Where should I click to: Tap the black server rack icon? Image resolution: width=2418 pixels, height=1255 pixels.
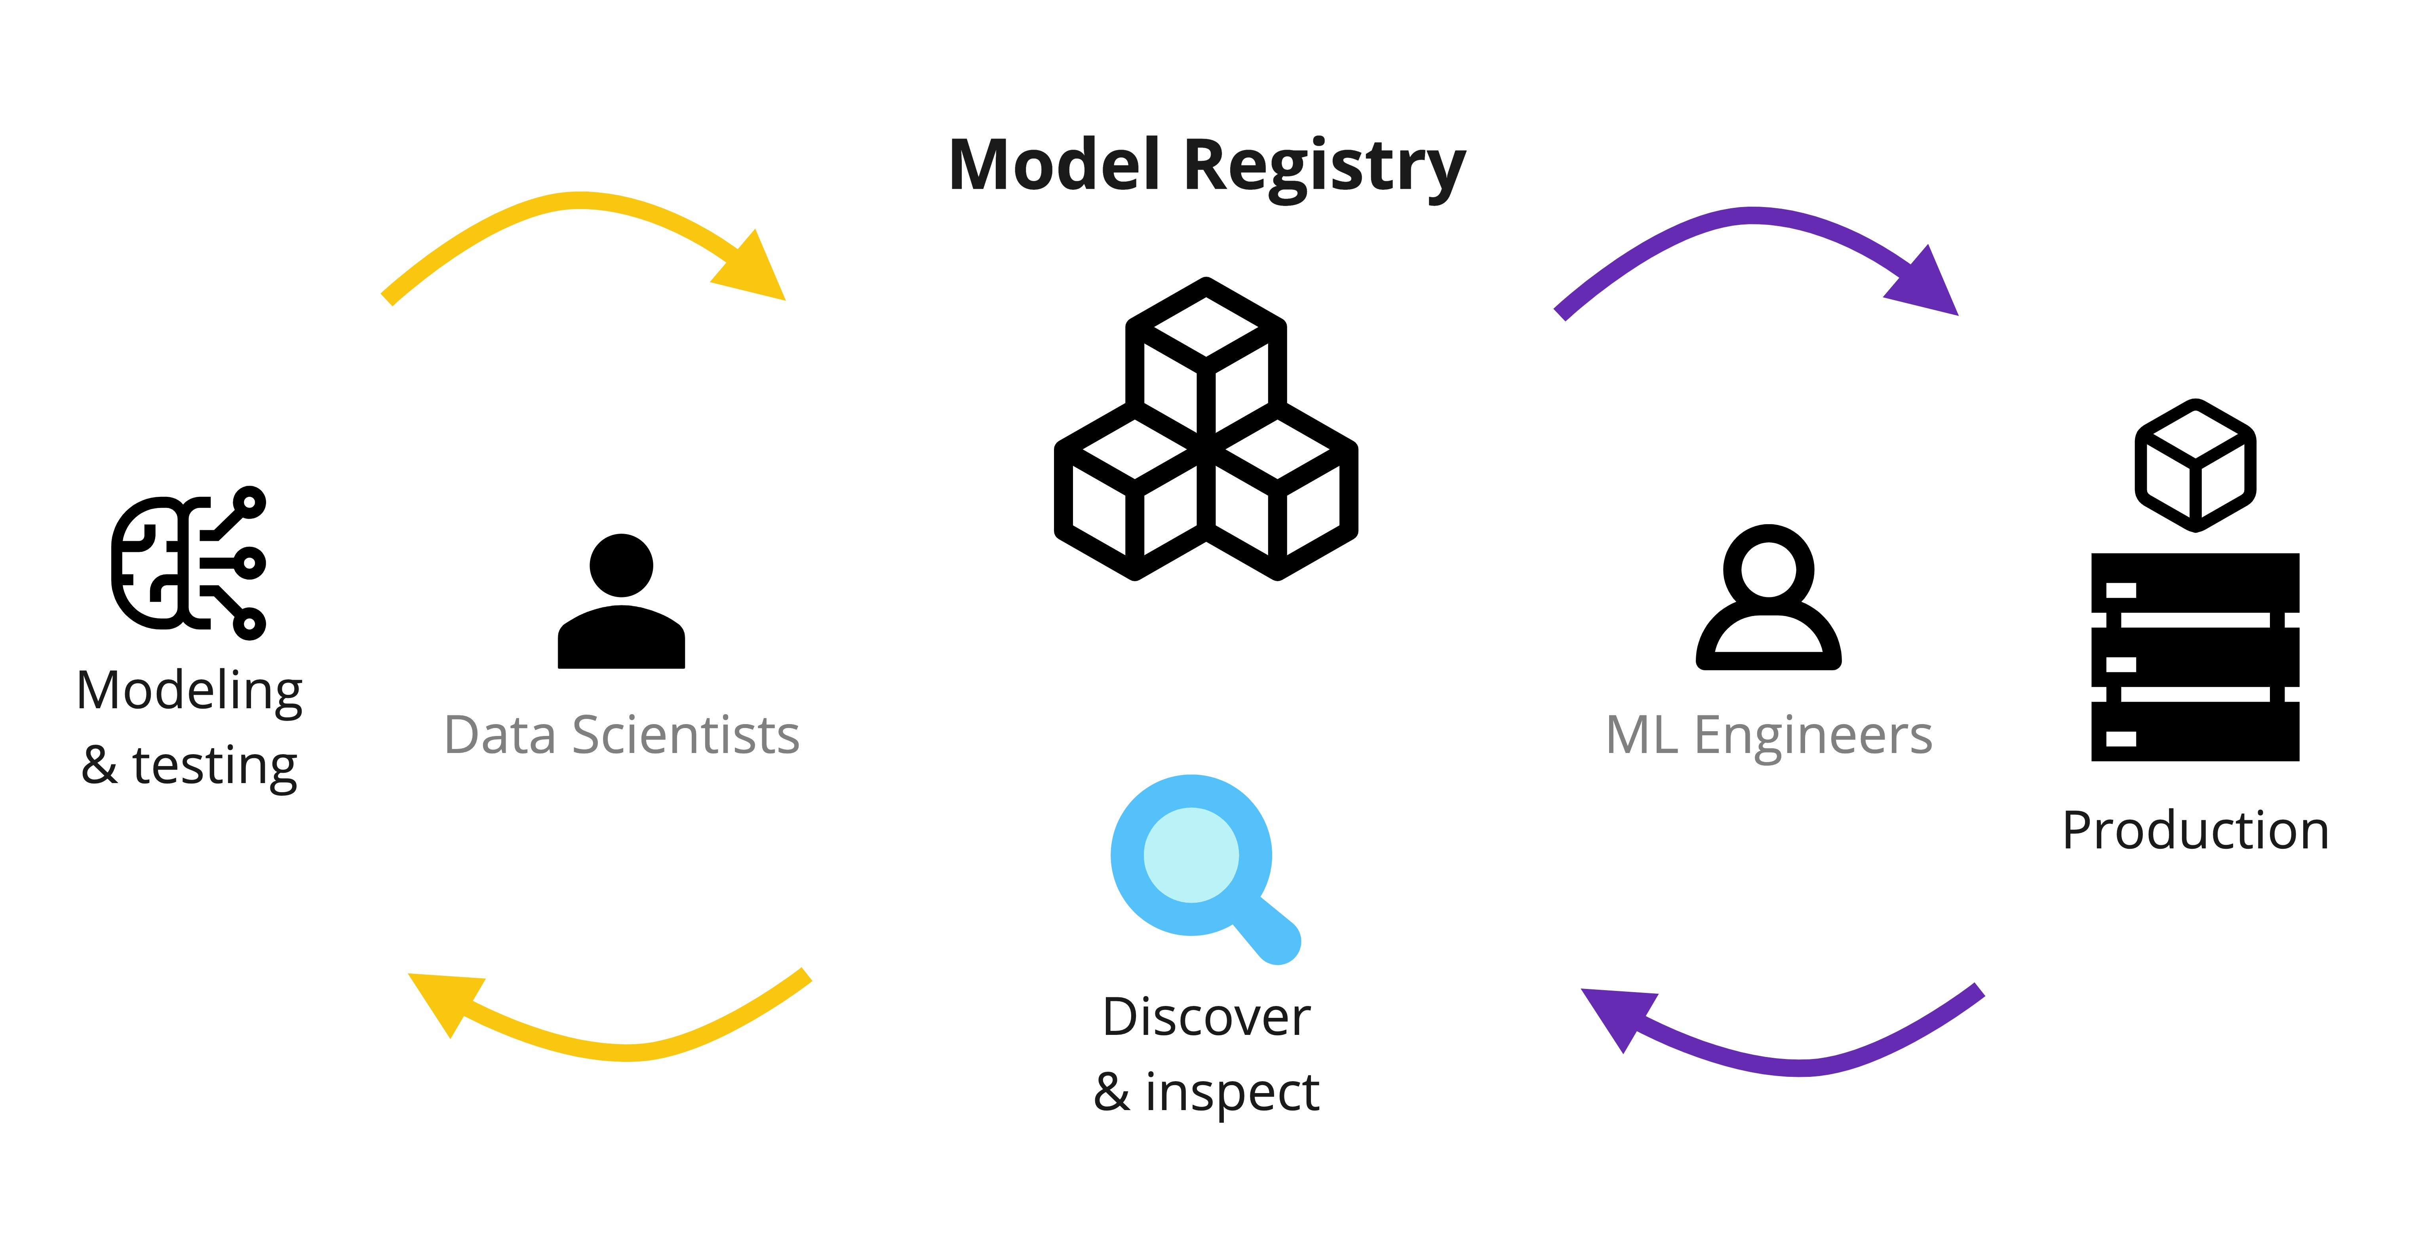click(2195, 657)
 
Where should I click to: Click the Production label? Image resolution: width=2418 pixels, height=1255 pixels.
click(2195, 831)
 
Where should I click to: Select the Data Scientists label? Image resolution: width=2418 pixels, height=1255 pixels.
click(621, 735)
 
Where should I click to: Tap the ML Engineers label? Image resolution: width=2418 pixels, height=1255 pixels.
click(1768, 735)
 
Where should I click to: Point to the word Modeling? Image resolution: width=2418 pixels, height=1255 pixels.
click(190, 692)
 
